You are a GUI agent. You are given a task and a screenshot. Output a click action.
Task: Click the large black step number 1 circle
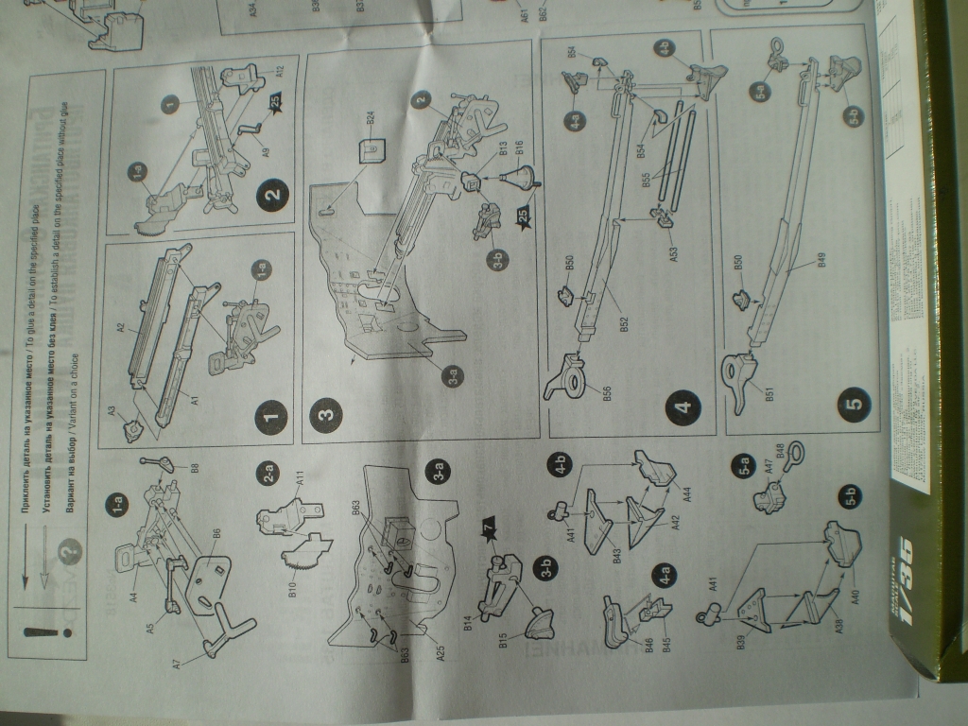tap(270, 416)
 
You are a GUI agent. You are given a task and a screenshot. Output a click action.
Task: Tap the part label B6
tap(216, 534)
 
